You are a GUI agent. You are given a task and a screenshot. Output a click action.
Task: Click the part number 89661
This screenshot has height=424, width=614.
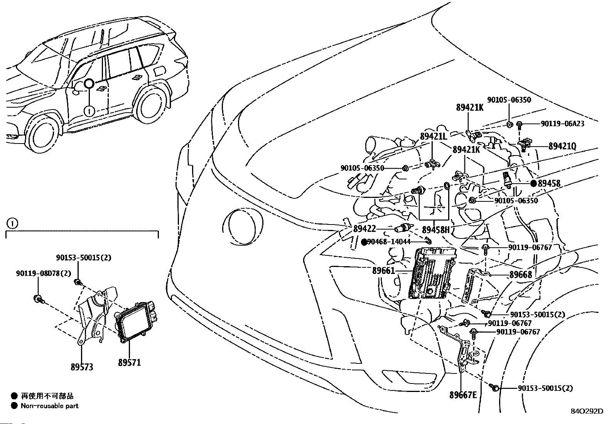(x=384, y=271)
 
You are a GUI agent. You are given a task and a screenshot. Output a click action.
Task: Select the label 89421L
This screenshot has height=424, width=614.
(x=433, y=136)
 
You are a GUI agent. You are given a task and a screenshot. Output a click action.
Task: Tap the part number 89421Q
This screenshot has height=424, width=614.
(x=562, y=146)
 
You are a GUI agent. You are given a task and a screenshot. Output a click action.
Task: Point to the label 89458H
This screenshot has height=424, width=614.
(x=436, y=230)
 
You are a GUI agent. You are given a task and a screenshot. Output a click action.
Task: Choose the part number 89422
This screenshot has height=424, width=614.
(x=364, y=229)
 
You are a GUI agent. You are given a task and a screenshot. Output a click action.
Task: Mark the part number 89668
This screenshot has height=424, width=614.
(x=520, y=275)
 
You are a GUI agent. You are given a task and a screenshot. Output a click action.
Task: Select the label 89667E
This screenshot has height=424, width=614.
(x=463, y=395)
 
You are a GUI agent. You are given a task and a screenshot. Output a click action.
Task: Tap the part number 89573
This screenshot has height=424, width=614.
(x=82, y=367)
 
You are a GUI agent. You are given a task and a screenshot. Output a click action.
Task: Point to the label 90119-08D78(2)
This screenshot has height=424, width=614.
(x=44, y=273)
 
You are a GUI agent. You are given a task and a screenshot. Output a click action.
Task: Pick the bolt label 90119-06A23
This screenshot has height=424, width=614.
(x=562, y=123)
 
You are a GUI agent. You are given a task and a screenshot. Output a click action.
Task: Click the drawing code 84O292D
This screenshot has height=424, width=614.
(x=587, y=411)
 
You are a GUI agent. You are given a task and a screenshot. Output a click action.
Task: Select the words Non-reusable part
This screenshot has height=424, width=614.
(x=50, y=405)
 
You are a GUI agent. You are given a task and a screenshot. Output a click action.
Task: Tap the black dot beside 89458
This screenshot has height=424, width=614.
(x=533, y=184)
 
